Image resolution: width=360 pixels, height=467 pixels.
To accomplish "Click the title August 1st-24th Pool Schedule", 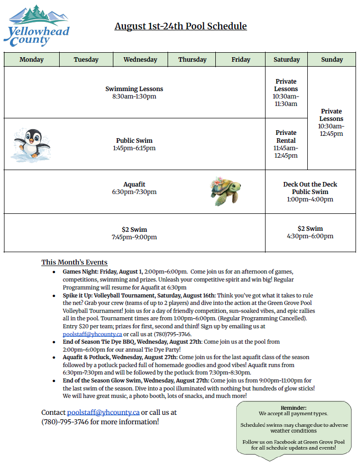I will (180, 26).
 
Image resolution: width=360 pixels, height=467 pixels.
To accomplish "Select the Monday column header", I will (31, 60).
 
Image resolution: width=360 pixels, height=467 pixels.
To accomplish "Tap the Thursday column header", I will (192, 60).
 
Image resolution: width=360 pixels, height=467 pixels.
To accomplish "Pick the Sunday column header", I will (332, 60).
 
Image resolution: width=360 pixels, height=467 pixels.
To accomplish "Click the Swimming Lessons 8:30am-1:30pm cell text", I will (134, 93).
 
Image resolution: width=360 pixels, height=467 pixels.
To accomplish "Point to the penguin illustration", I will (31, 143).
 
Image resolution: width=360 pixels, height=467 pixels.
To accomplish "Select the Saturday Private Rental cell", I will (286, 144).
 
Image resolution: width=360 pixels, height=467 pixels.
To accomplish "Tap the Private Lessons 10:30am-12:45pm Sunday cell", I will (331, 122).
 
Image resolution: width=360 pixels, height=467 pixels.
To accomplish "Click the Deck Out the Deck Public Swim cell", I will (310, 191).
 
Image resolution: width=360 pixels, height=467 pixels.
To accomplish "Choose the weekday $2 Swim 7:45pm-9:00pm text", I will (134, 233).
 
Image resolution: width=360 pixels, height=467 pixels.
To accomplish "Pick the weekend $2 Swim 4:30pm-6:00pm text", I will (310, 232).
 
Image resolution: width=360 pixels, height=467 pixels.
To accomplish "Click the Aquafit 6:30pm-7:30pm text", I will (134, 188).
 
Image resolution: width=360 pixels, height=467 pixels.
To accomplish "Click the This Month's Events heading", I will (74, 262).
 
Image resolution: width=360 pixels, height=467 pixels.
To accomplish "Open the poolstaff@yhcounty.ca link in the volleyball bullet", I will (92, 334).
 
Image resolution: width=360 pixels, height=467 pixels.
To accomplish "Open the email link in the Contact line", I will (103, 412).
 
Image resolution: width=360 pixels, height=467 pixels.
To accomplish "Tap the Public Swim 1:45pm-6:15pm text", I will (134, 144).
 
